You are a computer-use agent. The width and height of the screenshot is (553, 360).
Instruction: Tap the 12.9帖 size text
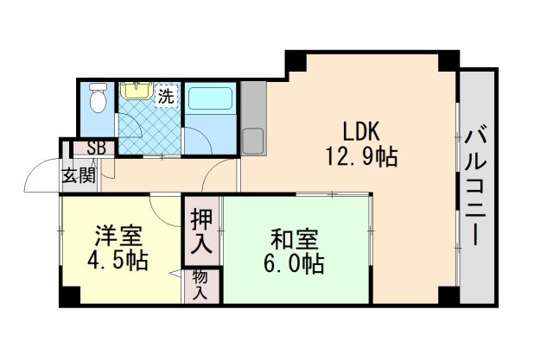(361, 157)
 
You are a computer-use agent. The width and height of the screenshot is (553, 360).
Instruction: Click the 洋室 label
(118, 235)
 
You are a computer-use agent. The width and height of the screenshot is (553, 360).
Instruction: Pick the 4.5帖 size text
(118, 260)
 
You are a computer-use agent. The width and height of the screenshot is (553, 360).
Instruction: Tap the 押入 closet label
(200, 231)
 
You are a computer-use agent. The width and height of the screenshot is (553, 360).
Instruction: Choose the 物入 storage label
(200, 285)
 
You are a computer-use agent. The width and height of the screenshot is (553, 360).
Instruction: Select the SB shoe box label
(96, 148)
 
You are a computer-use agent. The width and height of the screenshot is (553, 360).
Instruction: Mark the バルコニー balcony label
(476, 186)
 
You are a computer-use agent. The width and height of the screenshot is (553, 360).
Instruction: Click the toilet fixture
(99, 99)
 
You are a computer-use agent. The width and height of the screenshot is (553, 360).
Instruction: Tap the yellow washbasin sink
(135, 90)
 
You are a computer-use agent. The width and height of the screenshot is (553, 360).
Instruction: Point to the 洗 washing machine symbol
(166, 97)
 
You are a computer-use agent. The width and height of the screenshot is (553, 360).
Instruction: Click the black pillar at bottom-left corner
(69, 296)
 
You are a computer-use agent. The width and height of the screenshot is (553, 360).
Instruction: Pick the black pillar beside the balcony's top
(448, 61)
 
